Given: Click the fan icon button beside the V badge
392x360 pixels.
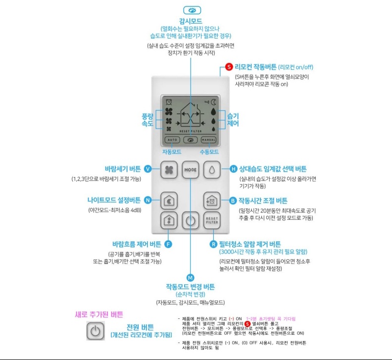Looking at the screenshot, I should [x=169, y=169].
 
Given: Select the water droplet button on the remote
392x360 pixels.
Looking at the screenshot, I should [x=212, y=169].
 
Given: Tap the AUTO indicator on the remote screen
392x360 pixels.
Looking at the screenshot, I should [x=171, y=140].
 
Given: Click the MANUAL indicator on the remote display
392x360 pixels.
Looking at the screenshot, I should [x=208, y=140].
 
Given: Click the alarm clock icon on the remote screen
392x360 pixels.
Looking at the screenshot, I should [x=169, y=101].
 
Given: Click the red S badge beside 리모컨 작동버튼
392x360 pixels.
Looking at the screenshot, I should [x=228, y=67].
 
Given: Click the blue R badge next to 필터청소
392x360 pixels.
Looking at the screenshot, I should [x=213, y=244].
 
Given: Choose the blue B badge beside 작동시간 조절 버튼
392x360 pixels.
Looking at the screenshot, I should [x=233, y=201].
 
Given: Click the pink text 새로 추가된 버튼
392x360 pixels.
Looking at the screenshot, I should [x=98, y=314].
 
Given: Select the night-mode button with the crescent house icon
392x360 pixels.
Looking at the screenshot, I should [x=169, y=201].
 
